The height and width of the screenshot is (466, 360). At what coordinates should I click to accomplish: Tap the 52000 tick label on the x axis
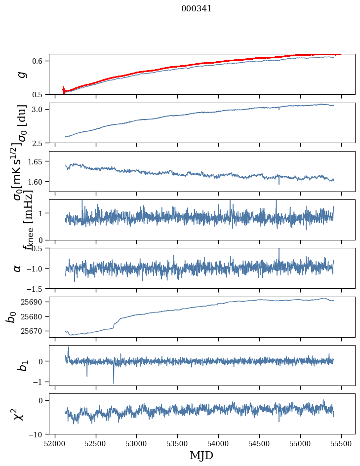(x=55, y=443)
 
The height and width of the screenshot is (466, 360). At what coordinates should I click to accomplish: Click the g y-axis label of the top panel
(x=20, y=74)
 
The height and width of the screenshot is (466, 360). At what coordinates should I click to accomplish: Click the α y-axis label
(x=17, y=268)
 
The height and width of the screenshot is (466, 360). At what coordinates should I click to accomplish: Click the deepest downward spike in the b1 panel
(x=114, y=383)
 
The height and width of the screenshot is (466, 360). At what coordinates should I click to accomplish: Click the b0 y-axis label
(x=11, y=316)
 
